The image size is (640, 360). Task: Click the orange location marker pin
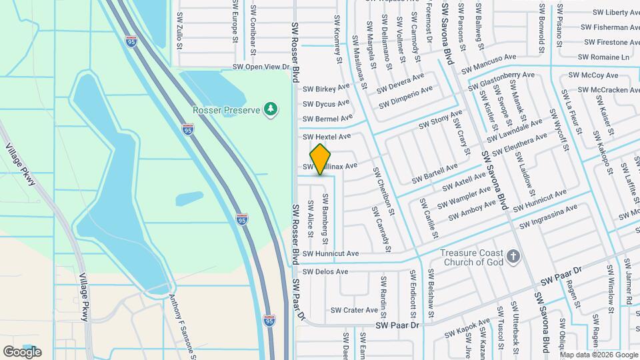[321, 159]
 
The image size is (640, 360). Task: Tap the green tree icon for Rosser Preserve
[270, 109]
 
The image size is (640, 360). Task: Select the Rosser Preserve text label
[225, 109]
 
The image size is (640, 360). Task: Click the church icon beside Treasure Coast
[513, 256]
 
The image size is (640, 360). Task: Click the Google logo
[22, 351]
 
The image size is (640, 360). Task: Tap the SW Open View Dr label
[261, 67]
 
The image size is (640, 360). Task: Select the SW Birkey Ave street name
[326, 88]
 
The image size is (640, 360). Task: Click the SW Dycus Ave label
[326, 103]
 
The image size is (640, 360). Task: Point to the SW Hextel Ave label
[327, 136]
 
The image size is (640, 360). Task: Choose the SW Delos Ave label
[325, 271]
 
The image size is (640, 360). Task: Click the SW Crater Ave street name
[354, 310]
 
